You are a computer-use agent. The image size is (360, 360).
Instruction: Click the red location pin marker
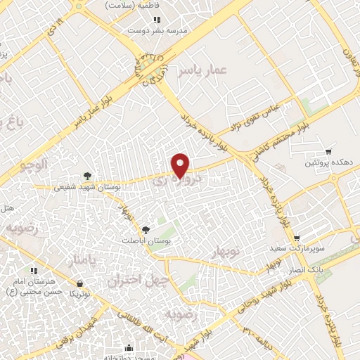coord(181,165)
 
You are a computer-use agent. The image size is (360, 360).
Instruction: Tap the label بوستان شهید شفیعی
coord(88,187)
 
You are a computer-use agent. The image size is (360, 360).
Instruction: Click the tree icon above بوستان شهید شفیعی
coord(87,176)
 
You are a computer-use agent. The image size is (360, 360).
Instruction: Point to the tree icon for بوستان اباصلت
coord(146,229)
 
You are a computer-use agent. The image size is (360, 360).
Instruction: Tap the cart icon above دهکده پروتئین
coord(328,152)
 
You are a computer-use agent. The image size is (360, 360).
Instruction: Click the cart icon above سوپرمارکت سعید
coord(297,239)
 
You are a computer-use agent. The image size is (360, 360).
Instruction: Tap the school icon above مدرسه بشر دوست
coord(157,20)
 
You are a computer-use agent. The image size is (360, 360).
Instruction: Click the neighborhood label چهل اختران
coord(130,281)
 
